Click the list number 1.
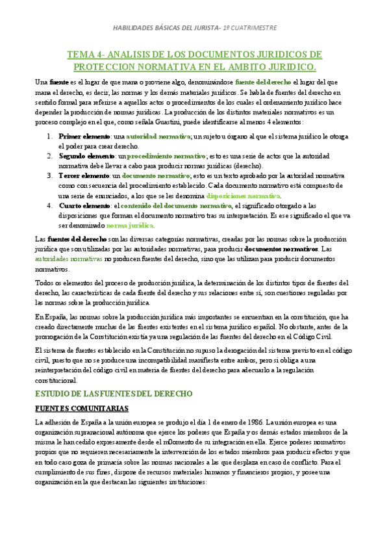[x=51, y=136]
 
